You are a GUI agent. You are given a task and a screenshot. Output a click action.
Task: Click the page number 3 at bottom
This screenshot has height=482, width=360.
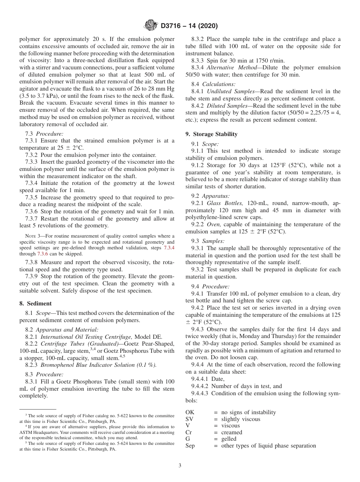pyautogui.click(x=180, y=465)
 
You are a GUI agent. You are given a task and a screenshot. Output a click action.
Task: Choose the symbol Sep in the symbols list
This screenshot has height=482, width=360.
pyautogui.click(x=190, y=446)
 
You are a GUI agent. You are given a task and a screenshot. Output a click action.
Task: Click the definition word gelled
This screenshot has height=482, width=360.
pyautogui.click(x=229, y=439)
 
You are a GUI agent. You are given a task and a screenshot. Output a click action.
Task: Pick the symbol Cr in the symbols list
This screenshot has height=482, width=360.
pyautogui.click(x=188, y=432)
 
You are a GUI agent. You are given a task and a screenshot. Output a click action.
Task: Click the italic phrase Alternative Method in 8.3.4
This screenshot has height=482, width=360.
pyautogui.click(x=233, y=68)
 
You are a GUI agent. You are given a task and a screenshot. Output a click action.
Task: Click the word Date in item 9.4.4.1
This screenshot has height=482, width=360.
pyautogui.click(x=218, y=379)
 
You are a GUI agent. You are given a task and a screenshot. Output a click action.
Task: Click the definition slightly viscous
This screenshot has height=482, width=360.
pyautogui.click(x=241, y=419)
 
